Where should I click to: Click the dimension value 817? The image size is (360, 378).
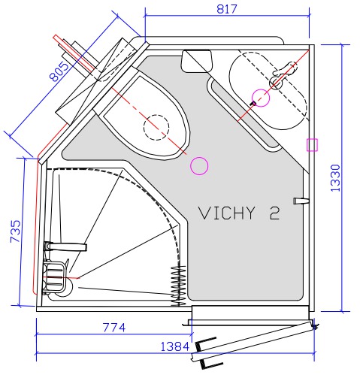click(227, 9)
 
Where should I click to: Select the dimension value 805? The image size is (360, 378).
click(59, 72)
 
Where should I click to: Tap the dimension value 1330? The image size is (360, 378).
click(335, 178)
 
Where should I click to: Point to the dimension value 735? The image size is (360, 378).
click(16, 231)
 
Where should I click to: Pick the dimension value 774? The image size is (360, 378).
click(114, 328)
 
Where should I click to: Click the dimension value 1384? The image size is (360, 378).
click(174, 346)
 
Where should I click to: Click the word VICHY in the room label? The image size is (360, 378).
click(227, 213)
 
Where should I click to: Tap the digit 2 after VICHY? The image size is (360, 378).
click(274, 213)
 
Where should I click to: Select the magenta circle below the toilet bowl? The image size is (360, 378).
click(199, 165)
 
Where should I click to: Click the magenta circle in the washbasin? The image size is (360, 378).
click(261, 98)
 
